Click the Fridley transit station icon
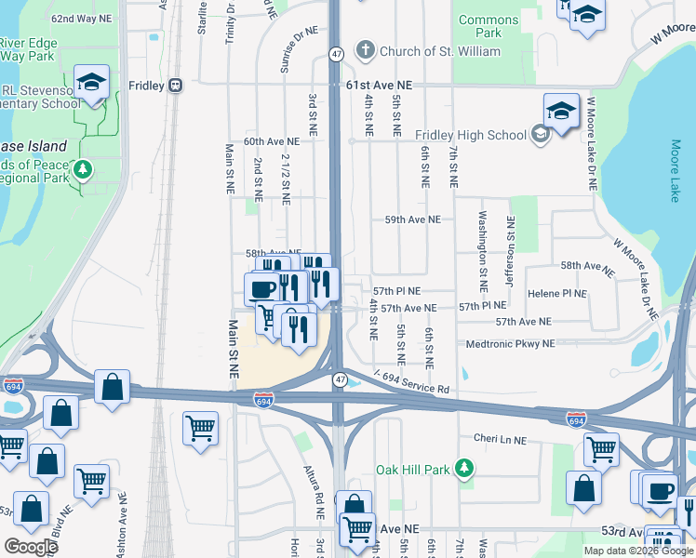click(174, 86)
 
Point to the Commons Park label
click(489, 26)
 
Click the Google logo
click(32, 547)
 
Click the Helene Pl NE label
click(557, 293)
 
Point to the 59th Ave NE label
click(412, 220)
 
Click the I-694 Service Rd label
click(411, 382)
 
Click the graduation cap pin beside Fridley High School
click(561, 112)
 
